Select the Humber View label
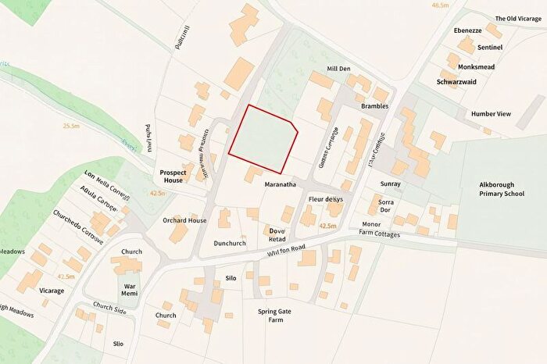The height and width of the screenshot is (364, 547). coord(491,114)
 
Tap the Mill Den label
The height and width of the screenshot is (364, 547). coord(338,69)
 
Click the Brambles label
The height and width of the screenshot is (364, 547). coord(374,105)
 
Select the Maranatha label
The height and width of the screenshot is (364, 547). coord(278,185)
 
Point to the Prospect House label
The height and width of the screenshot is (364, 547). coord(171,176)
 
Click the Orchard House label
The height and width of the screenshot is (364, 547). coord(185,220)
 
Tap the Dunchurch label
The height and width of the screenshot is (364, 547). coord(230,243)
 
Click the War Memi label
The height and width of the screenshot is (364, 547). coord(131,291)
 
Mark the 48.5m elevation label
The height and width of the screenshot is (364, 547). coord(440,5)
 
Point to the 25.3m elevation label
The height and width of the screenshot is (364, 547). coord(72,126)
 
